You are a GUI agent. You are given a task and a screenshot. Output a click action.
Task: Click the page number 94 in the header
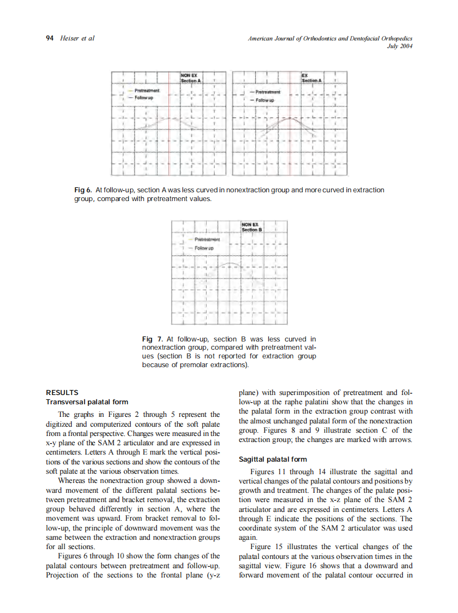(49, 38)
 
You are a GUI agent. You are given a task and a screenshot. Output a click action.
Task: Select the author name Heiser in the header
(68, 38)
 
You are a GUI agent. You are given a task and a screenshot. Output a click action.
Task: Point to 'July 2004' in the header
(398, 45)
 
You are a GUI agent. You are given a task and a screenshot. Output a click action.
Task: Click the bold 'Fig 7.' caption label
(150, 339)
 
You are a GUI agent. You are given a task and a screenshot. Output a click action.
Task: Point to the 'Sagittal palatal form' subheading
(273, 459)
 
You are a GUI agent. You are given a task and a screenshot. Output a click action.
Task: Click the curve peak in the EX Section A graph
(290, 116)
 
